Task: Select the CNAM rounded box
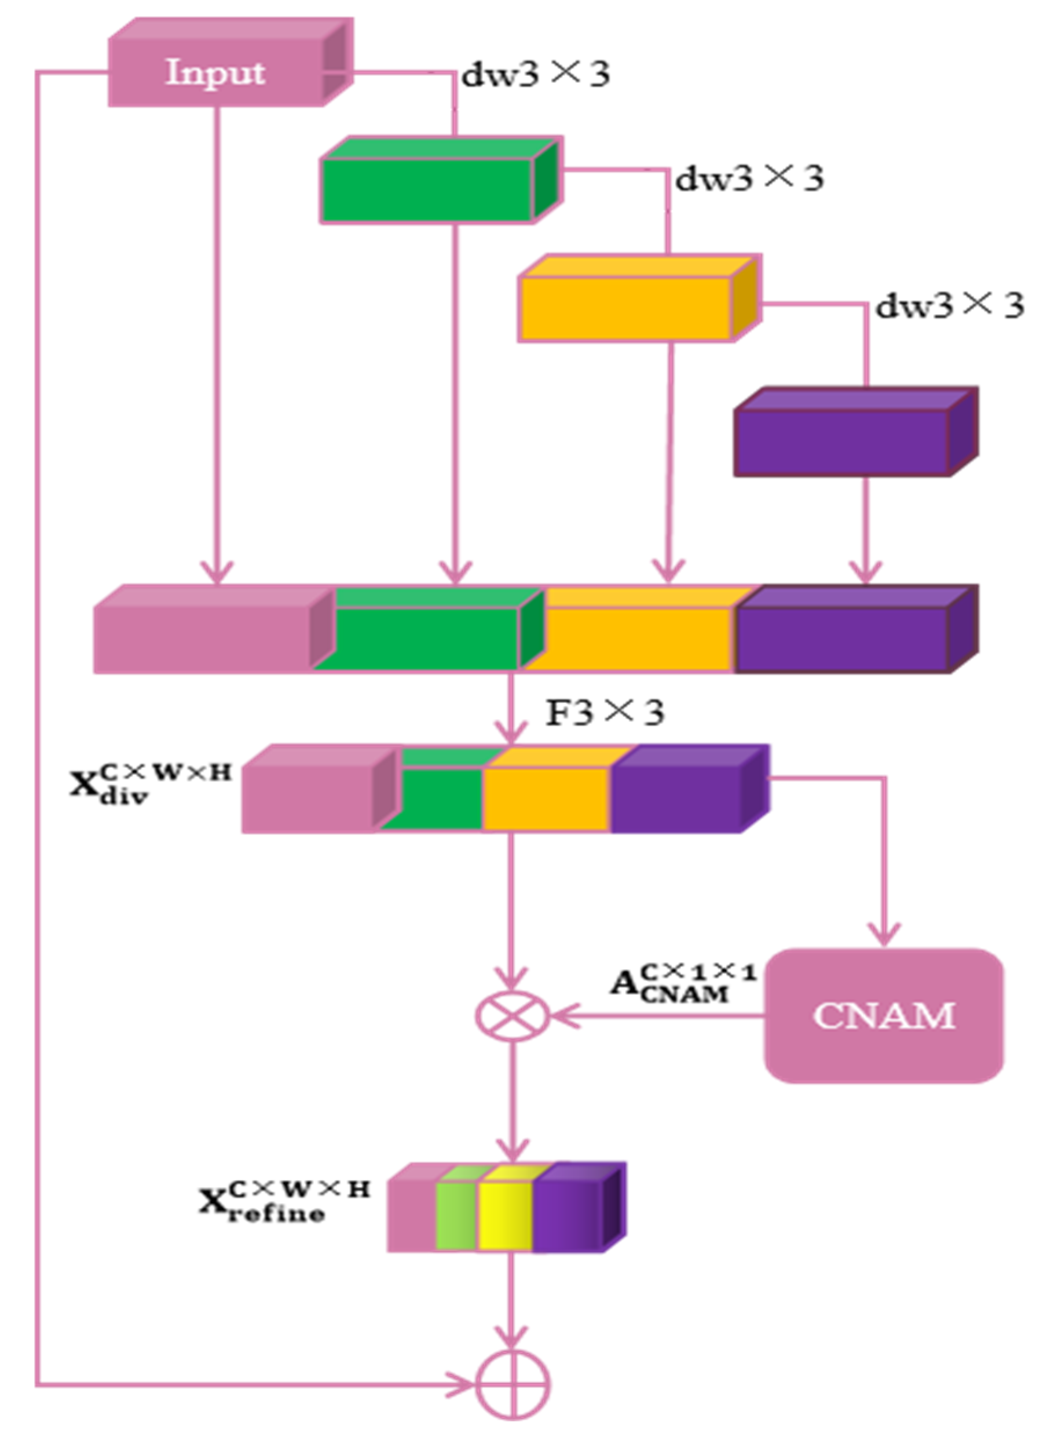click(884, 1016)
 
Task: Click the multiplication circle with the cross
click(512, 1016)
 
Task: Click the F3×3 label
click(605, 712)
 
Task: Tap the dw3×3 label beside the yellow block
click(949, 306)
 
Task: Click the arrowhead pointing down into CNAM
click(884, 935)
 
